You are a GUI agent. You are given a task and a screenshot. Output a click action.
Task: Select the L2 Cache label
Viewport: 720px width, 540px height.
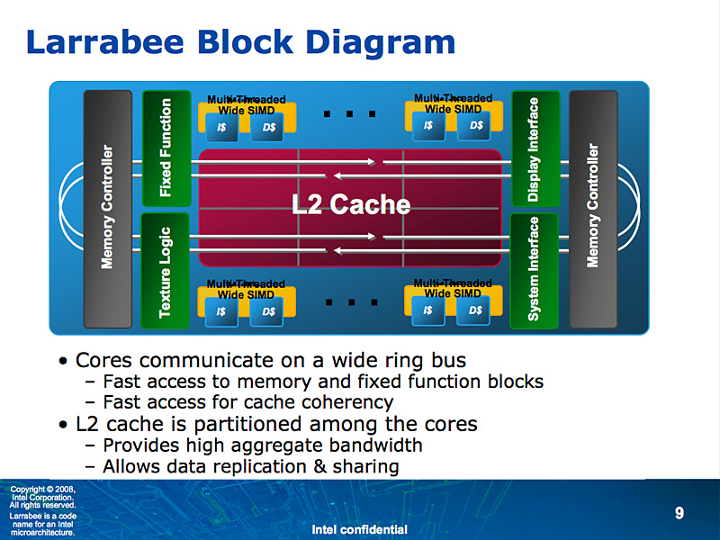[x=351, y=205]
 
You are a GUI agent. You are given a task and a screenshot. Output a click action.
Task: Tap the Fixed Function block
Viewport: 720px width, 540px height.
[x=166, y=148]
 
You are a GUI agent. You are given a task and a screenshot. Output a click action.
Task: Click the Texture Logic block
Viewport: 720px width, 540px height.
[x=166, y=270]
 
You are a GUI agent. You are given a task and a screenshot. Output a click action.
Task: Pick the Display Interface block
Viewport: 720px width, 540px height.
[x=534, y=148]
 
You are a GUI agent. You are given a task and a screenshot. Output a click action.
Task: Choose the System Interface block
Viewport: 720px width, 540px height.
[x=534, y=269]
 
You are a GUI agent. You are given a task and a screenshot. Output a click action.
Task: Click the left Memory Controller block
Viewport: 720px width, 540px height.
[x=108, y=207]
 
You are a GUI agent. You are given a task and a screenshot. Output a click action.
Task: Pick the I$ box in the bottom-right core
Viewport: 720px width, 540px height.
[x=428, y=311]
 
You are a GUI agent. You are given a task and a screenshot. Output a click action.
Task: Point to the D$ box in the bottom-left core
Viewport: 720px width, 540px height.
[x=268, y=312]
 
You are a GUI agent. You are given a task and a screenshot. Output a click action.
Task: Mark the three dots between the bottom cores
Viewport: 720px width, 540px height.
[x=348, y=302]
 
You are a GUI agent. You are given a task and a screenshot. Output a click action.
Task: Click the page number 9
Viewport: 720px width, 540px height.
[x=679, y=513]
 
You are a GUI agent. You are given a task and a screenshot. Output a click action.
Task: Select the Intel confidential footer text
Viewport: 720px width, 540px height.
[x=359, y=529]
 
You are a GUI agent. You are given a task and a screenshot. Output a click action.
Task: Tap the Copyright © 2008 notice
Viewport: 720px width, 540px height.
[x=43, y=490]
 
